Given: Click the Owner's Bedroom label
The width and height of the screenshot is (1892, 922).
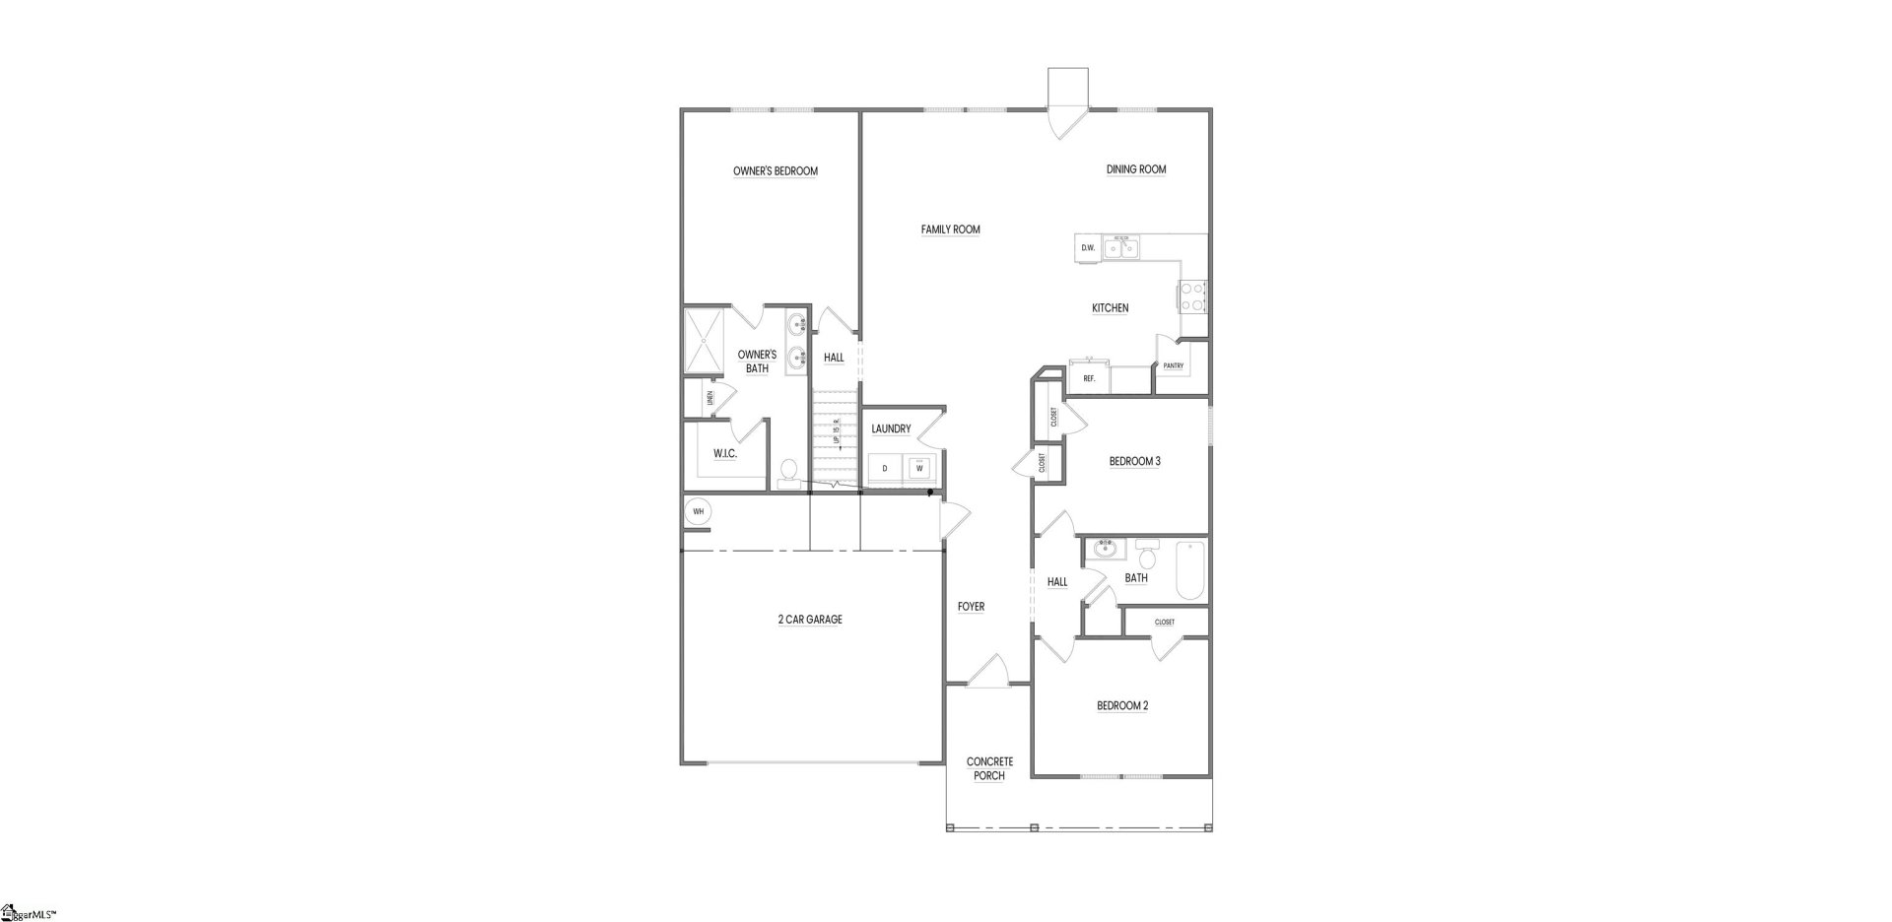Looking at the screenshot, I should click(x=775, y=171).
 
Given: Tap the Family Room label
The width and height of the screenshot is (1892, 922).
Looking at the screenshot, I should click(x=950, y=230).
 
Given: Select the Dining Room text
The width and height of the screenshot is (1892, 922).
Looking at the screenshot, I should click(x=1135, y=169).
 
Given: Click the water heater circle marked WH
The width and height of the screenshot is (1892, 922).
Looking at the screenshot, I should click(x=699, y=511).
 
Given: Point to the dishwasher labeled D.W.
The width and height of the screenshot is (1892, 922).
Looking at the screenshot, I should click(x=1088, y=248).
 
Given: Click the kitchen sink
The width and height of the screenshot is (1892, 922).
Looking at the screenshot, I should click(x=1120, y=248).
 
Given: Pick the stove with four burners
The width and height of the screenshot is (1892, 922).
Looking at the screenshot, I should click(x=1192, y=296).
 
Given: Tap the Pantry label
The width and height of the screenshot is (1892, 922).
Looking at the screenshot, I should click(x=1173, y=366).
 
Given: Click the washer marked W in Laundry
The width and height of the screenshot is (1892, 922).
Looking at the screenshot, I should click(x=919, y=468).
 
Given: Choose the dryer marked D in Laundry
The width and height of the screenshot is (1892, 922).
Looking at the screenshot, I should click(x=885, y=468).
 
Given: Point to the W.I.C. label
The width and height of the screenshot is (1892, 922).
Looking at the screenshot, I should click(x=725, y=453).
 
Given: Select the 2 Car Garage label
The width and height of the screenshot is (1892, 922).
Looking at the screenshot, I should click(x=810, y=620).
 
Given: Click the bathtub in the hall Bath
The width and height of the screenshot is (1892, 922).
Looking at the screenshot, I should click(x=1190, y=570).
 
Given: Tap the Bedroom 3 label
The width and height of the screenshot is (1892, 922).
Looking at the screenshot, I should click(x=1134, y=461).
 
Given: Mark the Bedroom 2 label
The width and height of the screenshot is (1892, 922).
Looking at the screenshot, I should click(x=1122, y=705).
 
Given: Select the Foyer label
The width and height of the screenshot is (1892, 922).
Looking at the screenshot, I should click(x=971, y=607).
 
